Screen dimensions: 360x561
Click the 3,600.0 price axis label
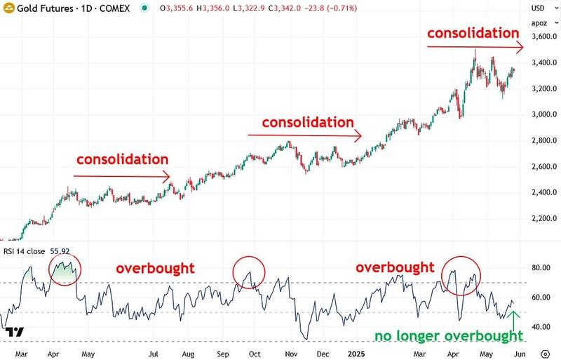tap(543, 36)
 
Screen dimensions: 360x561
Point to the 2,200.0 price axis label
tap(543, 218)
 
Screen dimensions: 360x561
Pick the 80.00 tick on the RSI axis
tap(541, 267)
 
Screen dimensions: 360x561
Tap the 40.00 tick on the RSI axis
tap(541, 326)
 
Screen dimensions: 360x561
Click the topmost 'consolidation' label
tap(473, 33)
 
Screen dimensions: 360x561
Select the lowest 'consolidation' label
tap(123, 159)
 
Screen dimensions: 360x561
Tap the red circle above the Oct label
tap(250, 271)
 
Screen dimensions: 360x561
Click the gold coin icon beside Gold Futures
tap(8, 8)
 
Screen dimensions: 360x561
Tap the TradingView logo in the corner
tap(18, 331)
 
